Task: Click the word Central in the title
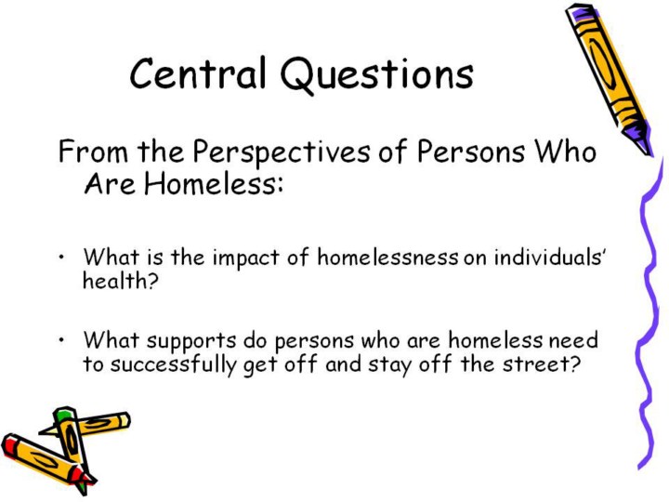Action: [198, 73]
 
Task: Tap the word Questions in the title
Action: [377, 75]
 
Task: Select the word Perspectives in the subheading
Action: [282, 152]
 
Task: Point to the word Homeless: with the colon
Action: [214, 184]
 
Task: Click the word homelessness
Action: [387, 258]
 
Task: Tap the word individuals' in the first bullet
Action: [550, 258]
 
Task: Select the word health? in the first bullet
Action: [120, 281]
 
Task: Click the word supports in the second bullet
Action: [191, 341]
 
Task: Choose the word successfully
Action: [173, 365]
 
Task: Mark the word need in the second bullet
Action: [573, 340]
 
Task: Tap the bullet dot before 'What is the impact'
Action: [62, 258]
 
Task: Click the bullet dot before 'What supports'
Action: [62, 340]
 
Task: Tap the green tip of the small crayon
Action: [63, 413]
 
